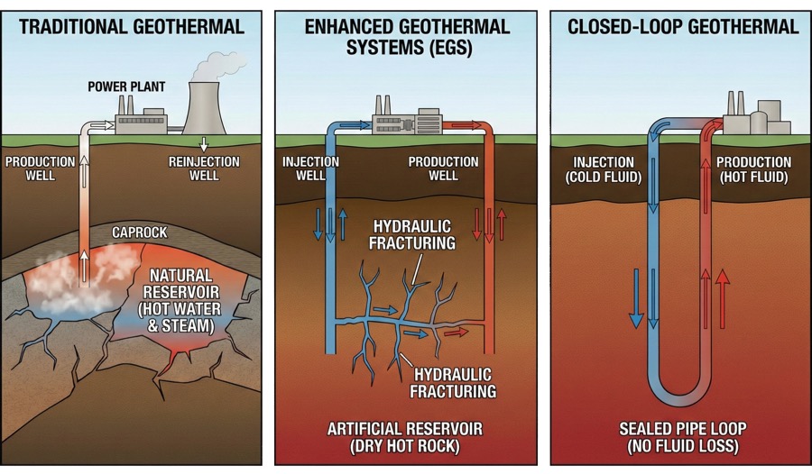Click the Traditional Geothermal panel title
132,26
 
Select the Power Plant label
125,87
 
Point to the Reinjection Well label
205,169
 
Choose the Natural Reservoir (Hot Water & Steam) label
180,300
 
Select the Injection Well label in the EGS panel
310,169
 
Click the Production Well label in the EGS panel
444,169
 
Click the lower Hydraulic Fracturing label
453,383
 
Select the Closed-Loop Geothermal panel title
683,26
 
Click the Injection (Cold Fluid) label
604,169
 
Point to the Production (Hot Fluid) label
753,169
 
